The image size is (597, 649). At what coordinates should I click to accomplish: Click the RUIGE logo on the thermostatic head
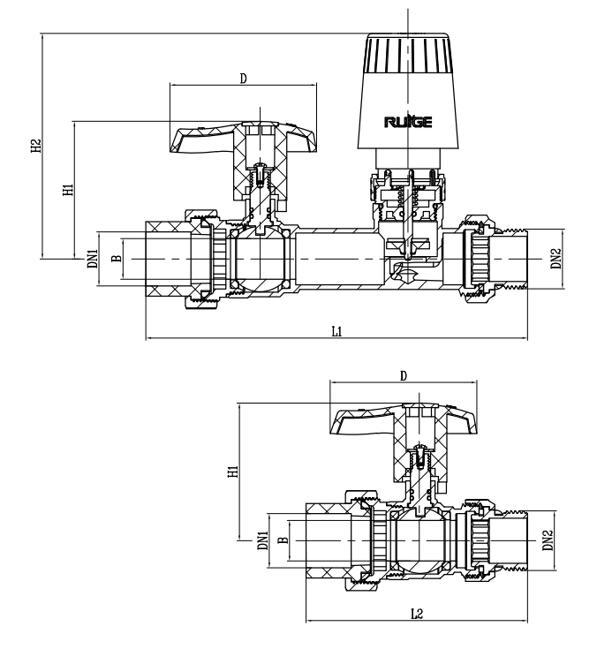[407, 123]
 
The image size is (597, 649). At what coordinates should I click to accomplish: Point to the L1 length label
[336, 331]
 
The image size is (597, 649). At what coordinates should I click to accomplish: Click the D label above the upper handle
[243, 79]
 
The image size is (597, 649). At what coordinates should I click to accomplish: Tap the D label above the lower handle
[404, 375]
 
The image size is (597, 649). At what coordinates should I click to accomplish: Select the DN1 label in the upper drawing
[91, 259]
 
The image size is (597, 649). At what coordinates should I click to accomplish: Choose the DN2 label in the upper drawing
[555, 259]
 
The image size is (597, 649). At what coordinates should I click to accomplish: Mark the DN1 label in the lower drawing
[262, 541]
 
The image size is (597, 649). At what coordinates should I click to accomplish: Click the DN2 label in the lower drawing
[548, 540]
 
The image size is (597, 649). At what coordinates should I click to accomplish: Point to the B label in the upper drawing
[115, 259]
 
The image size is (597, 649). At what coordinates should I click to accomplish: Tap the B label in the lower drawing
[283, 541]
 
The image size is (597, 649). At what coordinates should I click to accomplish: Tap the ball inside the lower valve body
[422, 541]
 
